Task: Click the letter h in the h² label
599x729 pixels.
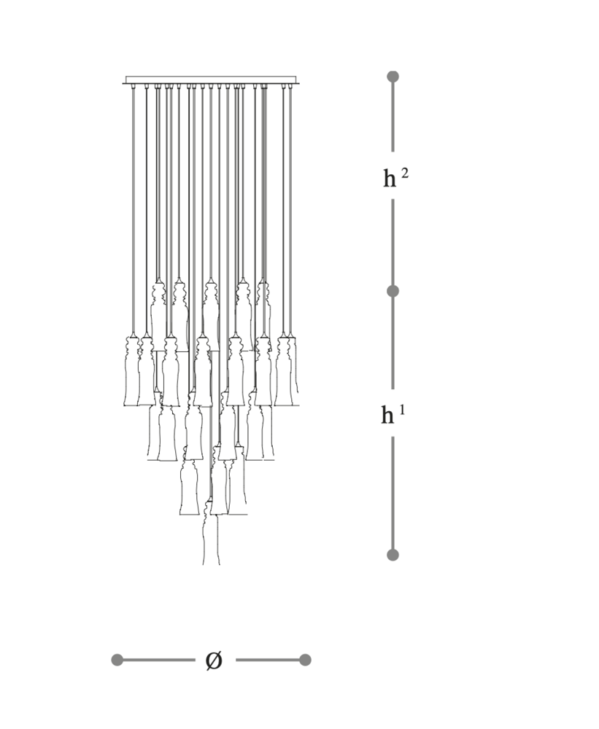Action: click(390, 178)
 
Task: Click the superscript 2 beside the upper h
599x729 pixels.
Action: click(404, 174)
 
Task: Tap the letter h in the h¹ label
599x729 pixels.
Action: click(387, 415)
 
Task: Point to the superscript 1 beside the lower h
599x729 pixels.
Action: click(402, 410)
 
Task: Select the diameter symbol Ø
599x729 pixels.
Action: click(214, 660)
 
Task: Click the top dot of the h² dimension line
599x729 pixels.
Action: click(393, 77)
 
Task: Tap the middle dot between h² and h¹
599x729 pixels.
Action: click(393, 291)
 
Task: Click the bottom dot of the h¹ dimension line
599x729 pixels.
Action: click(393, 555)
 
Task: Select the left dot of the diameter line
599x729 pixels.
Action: click(117, 660)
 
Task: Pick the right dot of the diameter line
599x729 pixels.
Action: click(305, 660)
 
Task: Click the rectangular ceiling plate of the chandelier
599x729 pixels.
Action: click(211, 80)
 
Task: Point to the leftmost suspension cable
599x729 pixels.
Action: click(134, 210)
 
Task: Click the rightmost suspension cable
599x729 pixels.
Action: click(291, 210)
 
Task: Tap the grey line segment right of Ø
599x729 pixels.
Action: click(268, 660)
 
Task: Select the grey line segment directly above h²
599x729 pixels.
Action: click(393, 116)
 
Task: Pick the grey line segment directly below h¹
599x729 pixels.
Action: click(393, 494)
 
